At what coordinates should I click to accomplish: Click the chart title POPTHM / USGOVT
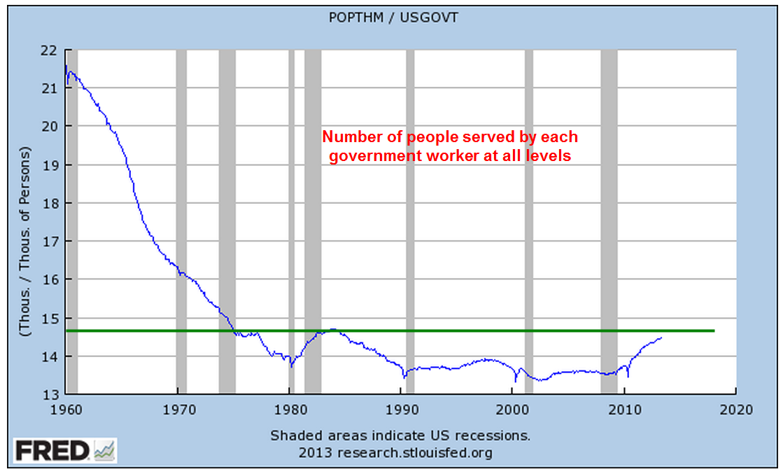point(393,18)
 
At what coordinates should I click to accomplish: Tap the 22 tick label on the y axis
point(48,50)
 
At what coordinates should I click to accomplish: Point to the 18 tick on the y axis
point(48,203)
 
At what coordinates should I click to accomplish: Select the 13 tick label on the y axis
point(48,394)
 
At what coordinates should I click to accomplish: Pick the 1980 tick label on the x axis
point(289,409)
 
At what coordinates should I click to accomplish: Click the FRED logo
point(65,450)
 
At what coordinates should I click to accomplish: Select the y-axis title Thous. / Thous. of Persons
point(26,242)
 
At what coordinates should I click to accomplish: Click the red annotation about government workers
point(451,146)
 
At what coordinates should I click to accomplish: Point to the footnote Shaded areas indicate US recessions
point(400,435)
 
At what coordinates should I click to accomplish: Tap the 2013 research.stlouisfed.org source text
point(395,452)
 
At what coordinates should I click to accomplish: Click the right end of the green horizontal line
point(714,330)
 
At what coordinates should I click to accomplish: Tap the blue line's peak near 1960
point(66,66)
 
